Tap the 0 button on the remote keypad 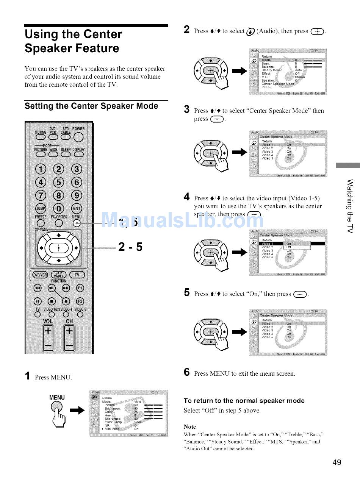pos(58,209)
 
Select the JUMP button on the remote pos(40,209)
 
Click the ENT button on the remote pos(77,209)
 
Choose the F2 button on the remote pos(80,301)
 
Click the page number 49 pos(337,462)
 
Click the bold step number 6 pos(186,372)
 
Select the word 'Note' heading pos(190,426)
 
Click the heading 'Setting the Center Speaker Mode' pos(91,106)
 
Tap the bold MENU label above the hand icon pos(57,397)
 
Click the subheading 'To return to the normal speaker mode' pos(244,401)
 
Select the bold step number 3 pos(186,110)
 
